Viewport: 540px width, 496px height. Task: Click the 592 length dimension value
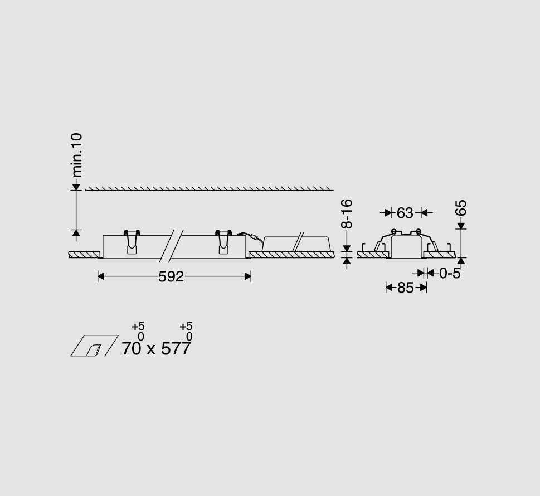(171, 276)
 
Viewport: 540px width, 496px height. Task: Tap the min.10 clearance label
(77, 155)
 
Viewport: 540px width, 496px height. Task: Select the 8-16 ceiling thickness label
(347, 214)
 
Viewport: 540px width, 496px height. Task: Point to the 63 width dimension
(405, 213)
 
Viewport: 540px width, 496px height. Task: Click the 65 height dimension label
(461, 208)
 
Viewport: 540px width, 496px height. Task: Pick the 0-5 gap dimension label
(450, 274)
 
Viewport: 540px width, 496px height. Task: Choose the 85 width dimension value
(405, 288)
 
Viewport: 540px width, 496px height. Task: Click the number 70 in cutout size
(131, 348)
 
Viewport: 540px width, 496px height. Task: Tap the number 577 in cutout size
(176, 348)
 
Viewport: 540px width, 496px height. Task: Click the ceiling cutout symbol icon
(94, 346)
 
